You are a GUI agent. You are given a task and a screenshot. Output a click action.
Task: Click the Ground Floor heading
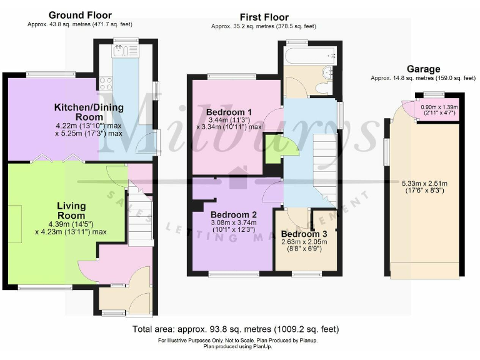(x=80, y=15)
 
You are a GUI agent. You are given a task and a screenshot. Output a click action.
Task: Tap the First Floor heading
(x=263, y=17)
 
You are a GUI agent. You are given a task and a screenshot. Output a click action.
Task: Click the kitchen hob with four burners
(x=104, y=83)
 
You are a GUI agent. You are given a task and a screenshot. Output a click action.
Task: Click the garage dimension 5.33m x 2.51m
(x=422, y=186)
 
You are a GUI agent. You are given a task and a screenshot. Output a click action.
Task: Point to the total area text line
(x=236, y=329)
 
